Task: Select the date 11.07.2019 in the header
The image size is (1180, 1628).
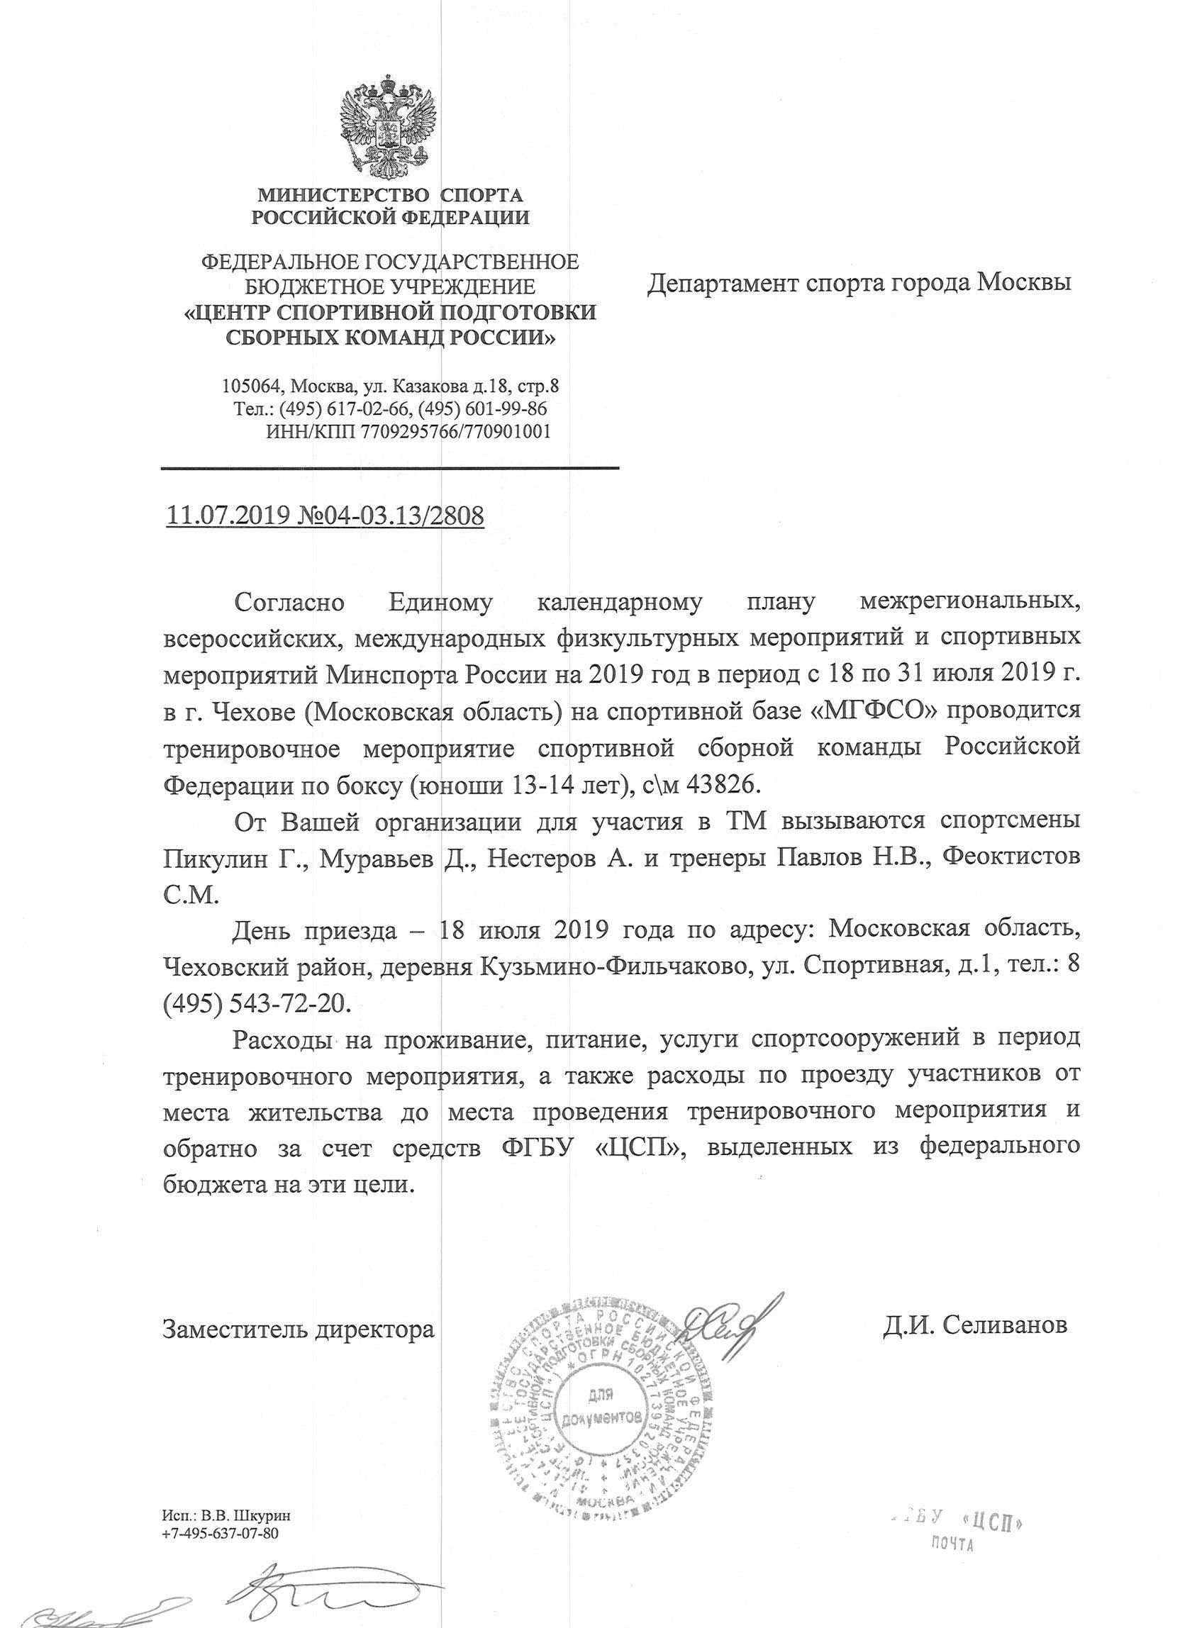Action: tap(227, 516)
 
